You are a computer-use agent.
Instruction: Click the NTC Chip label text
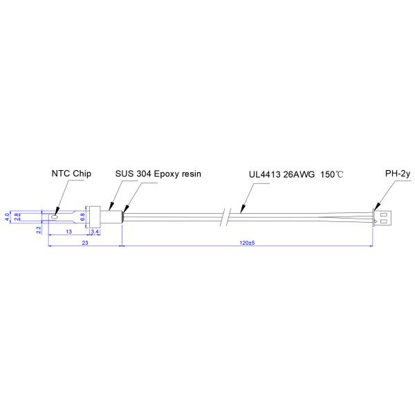pos(71,174)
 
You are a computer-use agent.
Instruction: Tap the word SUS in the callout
pos(124,174)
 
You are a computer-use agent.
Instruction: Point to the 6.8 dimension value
pos(83,216)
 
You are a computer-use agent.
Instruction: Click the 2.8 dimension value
pos(17,216)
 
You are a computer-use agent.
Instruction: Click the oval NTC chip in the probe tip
pos(54,217)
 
